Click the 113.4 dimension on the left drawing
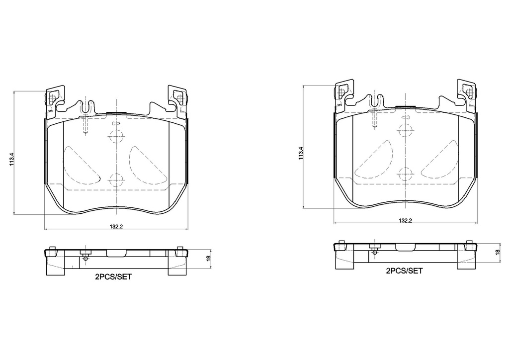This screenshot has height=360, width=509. click(12, 159)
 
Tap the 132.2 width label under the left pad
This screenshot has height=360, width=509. click(116, 227)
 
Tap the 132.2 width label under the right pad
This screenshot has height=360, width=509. click(406, 220)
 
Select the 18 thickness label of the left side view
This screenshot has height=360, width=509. click(208, 258)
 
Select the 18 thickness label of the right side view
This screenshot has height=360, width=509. click(498, 252)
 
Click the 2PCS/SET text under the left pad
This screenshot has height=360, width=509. click(113, 277)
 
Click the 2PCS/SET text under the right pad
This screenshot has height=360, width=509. click(404, 270)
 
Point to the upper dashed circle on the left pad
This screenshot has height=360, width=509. click(116, 136)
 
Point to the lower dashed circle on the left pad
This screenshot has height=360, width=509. click(116, 179)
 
